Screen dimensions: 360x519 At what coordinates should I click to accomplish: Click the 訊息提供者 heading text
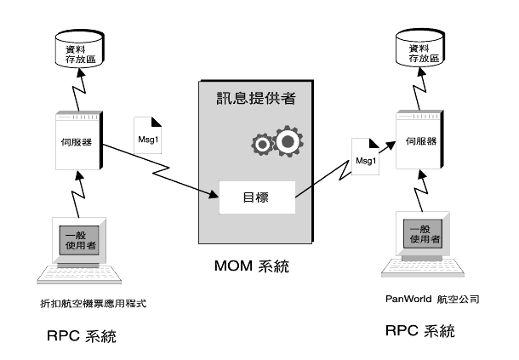(254, 98)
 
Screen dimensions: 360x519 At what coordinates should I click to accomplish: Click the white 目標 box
(256, 197)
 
